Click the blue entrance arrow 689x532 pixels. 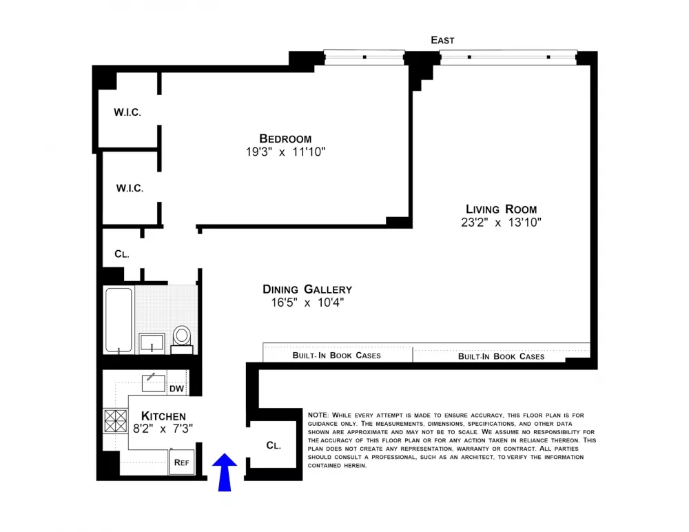(225, 472)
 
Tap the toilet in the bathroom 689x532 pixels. (181, 340)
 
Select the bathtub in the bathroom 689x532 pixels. (119, 320)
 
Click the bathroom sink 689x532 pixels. (152, 343)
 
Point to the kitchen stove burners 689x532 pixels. (116, 421)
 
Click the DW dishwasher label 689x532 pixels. (176, 389)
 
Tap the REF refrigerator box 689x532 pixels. (182, 462)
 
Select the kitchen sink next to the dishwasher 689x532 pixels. (154, 383)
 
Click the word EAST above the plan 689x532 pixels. (442, 40)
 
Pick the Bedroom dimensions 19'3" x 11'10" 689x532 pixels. (286, 152)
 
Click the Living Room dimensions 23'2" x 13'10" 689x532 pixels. (502, 223)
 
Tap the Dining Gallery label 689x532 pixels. (307, 289)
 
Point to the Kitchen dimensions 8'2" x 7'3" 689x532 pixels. (163, 429)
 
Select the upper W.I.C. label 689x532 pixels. (127, 112)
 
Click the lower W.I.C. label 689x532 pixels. (130, 189)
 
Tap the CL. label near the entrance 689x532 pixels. (274, 445)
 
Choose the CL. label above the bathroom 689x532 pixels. (122, 254)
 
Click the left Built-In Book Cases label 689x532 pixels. (337, 356)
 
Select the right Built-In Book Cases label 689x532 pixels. (502, 356)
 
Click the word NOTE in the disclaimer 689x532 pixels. (318, 415)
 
